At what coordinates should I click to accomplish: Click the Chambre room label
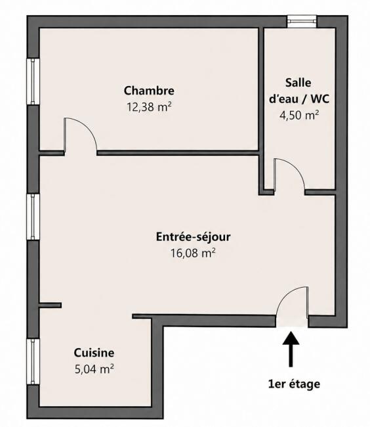(149, 91)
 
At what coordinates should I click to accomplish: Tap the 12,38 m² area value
(149, 107)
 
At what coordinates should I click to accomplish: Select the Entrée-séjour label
(194, 237)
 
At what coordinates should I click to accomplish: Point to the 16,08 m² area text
(193, 253)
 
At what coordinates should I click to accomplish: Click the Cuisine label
(94, 353)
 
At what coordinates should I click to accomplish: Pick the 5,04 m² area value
(94, 369)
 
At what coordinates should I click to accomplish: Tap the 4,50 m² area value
(299, 115)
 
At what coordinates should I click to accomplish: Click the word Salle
(298, 83)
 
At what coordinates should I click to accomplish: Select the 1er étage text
(294, 384)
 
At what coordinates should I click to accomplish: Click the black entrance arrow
(291, 349)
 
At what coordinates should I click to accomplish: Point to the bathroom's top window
(302, 22)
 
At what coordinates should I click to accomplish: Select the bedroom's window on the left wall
(33, 81)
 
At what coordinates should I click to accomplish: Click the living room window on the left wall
(33, 217)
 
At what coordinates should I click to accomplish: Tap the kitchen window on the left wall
(33, 362)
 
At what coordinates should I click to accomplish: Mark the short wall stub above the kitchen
(50, 305)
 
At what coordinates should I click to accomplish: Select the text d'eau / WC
(299, 99)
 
